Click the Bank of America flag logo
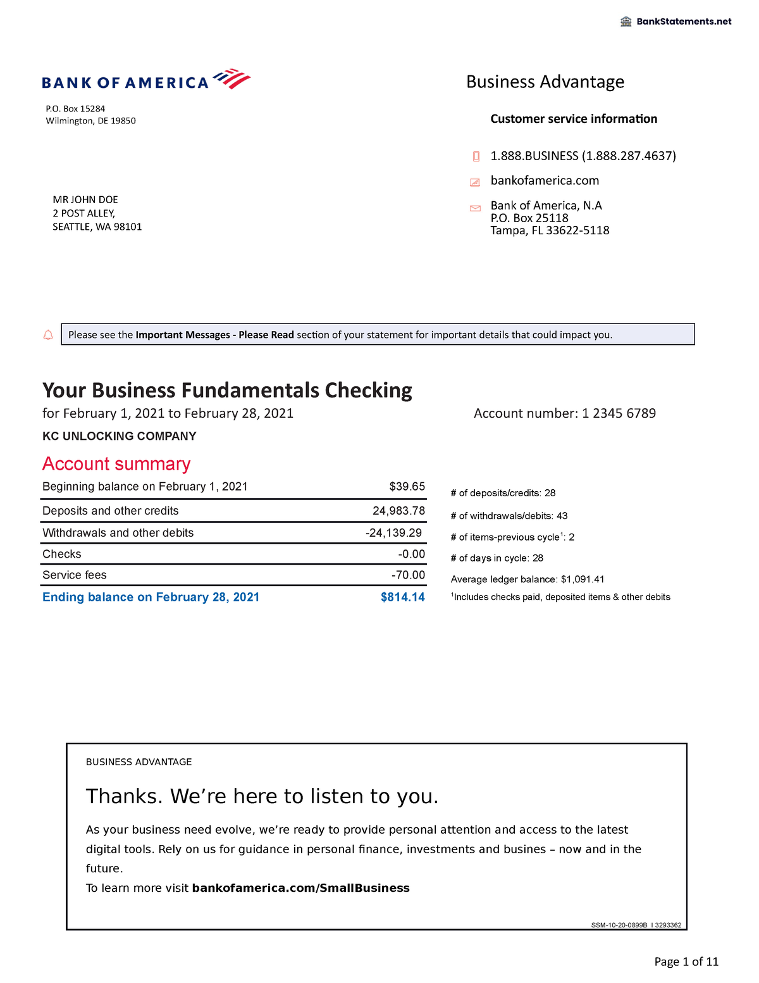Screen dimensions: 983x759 [x=231, y=79]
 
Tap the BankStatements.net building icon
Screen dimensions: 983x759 [x=626, y=22]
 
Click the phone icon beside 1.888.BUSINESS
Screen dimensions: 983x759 [x=476, y=156]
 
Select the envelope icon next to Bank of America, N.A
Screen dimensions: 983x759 [x=476, y=208]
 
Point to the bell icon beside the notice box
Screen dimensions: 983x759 [x=48, y=335]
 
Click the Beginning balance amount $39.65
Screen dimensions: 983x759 [x=407, y=487]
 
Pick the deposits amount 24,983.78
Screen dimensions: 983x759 [x=398, y=511]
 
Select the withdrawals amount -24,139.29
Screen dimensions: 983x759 [x=393, y=533]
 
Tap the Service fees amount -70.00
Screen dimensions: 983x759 [x=408, y=575]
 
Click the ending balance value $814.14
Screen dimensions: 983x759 [x=402, y=598]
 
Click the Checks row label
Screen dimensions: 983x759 [x=62, y=554]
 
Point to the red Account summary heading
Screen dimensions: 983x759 [x=116, y=464]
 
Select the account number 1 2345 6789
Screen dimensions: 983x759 [x=619, y=413]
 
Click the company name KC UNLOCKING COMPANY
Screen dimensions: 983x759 [x=120, y=436]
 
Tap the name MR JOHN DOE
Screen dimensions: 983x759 [x=85, y=200]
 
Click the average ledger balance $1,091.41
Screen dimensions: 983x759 [x=583, y=579]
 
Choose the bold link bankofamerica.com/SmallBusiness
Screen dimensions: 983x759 [x=300, y=888]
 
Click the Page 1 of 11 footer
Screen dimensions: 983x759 [x=686, y=962]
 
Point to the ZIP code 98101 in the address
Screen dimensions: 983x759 [x=128, y=227]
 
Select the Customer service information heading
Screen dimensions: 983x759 [x=574, y=119]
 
